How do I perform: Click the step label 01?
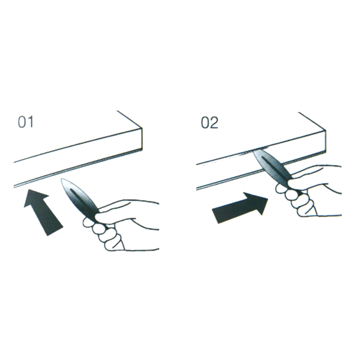click(26, 122)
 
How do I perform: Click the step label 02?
click(209, 123)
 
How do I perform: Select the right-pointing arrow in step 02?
click(240, 207)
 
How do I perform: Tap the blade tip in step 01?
click(62, 179)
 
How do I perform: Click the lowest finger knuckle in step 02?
click(306, 210)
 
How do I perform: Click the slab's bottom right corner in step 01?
click(142, 151)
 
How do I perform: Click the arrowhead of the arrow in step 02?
click(258, 202)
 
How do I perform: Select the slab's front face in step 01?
click(78, 158)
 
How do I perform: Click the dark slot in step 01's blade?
click(81, 199)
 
